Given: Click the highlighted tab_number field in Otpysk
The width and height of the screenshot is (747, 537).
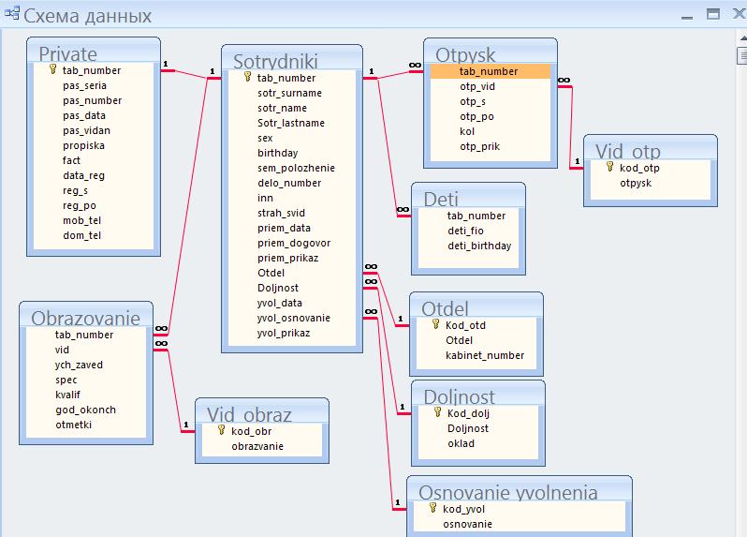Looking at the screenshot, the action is pyautogui.click(x=489, y=71).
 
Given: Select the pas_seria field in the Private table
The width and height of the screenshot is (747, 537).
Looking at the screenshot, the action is pyautogui.click(x=85, y=86).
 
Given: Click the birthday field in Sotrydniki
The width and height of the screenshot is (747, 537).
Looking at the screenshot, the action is pyautogui.click(x=278, y=153).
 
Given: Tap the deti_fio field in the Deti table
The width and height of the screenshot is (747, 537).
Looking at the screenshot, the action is pyautogui.click(x=465, y=231).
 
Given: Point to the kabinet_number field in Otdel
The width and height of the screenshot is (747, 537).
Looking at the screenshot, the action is pyautogui.click(x=485, y=355).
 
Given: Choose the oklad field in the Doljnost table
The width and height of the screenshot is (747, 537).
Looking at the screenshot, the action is pyautogui.click(x=461, y=443).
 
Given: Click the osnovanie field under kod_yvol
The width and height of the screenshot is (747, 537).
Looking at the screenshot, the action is pyautogui.click(x=467, y=524).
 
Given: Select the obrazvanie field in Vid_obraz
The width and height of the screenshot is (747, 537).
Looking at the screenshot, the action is pyautogui.click(x=257, y=446).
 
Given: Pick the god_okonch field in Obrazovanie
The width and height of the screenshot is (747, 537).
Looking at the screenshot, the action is pyautogui.click(x=86, y=410).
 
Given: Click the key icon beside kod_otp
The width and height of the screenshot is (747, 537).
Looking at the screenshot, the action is pyautogui.click(x=609, y=167).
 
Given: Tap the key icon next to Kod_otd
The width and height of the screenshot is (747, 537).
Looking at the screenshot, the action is pyautogui.click(x=435, y=324).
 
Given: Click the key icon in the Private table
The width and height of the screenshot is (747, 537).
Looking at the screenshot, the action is pyautogui.click(x=52, y=69).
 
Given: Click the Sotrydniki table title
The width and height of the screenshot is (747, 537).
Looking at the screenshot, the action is pyautogui.click(x=275, y=62).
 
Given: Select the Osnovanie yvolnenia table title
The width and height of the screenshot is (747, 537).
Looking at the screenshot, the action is pyautogui.click(x=508, y=493).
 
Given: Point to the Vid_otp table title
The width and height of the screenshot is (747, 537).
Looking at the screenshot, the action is pyautogui.click(x=627, y=152).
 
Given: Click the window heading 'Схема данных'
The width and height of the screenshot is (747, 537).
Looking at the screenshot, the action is pyautogui.click(x=87, y=16).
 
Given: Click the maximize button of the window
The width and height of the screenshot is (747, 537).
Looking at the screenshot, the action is pyautogui.click(x=713, y=14).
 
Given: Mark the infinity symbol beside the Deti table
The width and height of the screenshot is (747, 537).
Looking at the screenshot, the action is pyautogui.click(x=403, y=209).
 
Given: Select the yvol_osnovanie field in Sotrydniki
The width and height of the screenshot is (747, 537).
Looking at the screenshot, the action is pyautogui.click(x=294, y=318).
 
